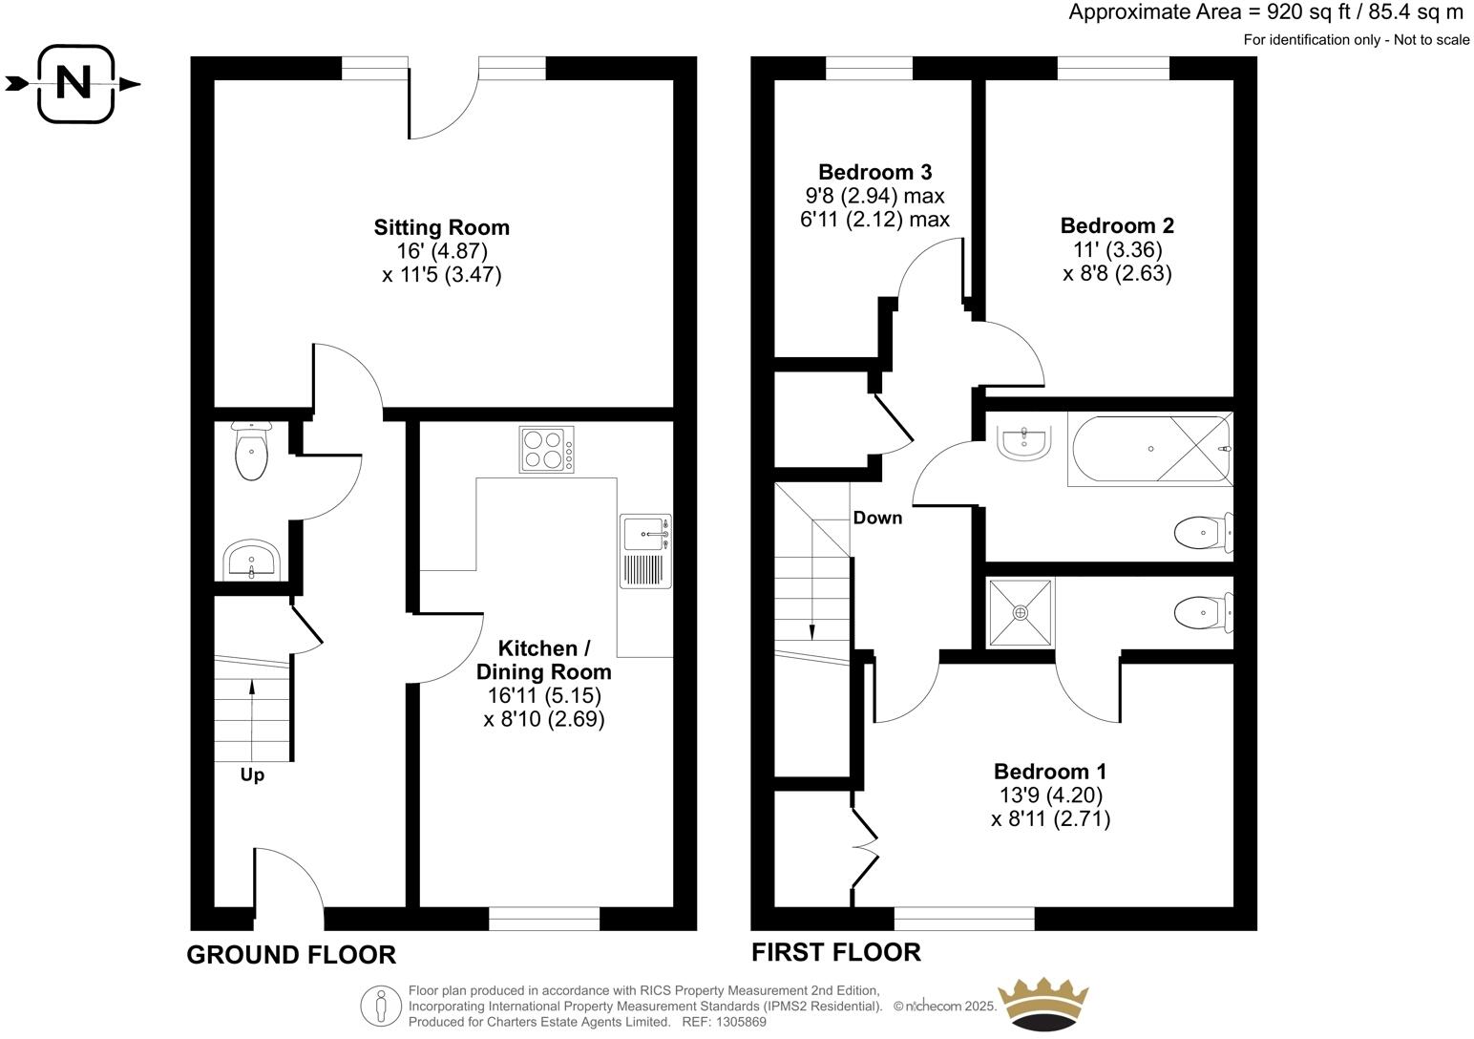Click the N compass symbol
pyautogui.click(x=74, y=84)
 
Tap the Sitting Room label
pyautogui.click(x=441, y=227)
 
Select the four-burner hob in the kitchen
pyautogui.click(x=547, y=450)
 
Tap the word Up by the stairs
pyautogui.click(x=252, y=774)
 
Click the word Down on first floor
pyautogui.click(x=876, y=518)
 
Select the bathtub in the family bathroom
pyautogui.click(x=1150, y=449)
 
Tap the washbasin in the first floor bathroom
pyautogui.click(x=1023, y=442)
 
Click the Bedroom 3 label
pyautogui.click(x=874, y=172)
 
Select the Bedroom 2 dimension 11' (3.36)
pyautogui.click(x=1117, y=249)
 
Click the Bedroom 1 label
pyautogui.click(x=1050, y=771)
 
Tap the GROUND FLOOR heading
pyautogui.click(x=290, y=954)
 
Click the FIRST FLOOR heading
pyautogui.click(x=835, y=952)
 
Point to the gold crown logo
pyautogui.click(x=1042, y=1003)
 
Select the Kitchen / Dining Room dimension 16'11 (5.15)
pyautogui.click(x=544, y=695)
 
